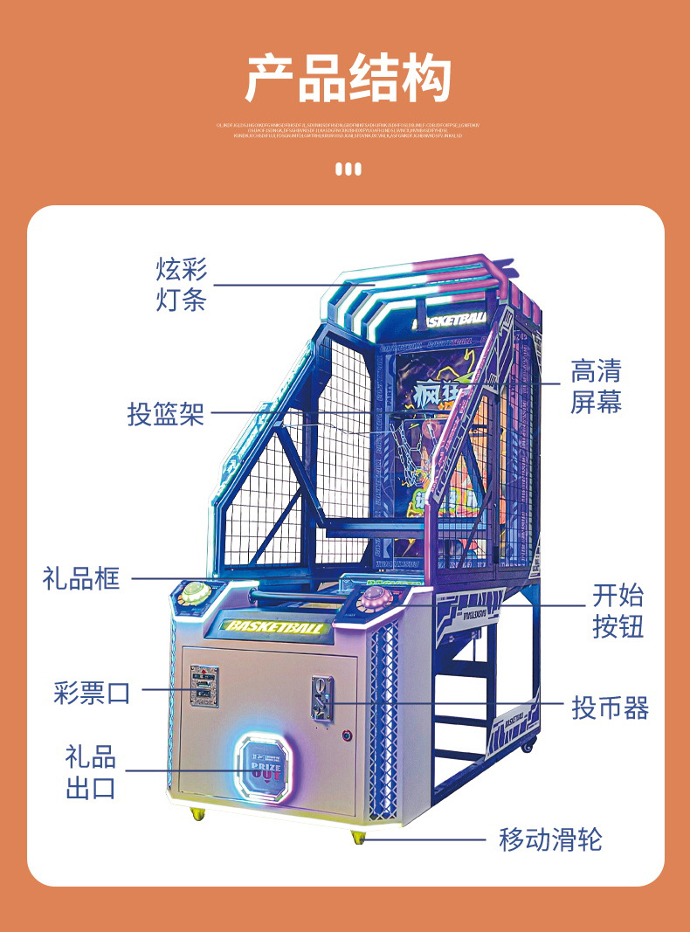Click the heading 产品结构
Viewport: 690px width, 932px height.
347,78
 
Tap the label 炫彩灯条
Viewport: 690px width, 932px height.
182,284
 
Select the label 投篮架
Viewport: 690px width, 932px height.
166,413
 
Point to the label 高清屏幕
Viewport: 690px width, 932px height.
596,386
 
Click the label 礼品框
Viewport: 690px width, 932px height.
81,577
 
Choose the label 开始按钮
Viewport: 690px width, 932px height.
618,611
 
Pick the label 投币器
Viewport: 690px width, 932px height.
611,707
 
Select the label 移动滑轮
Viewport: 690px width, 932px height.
550,839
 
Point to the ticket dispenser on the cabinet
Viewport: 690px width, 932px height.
204,686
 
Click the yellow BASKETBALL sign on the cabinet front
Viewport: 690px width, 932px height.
275,626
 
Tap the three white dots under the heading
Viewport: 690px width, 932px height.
348,169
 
